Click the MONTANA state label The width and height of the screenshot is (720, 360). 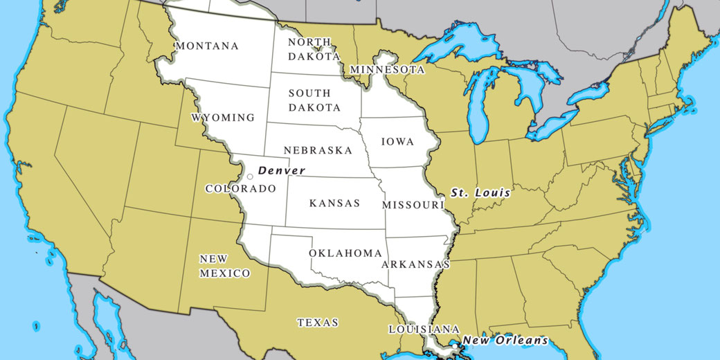click(x=208, y=46)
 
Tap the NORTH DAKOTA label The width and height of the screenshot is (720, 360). click(x=314, y=49)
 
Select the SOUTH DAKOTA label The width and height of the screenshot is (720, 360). click(x=314, y=100)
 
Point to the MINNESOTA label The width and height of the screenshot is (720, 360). click(x=387, y=70)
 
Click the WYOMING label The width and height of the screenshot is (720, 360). click(x=223, y=118)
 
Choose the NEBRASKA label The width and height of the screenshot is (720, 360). click(x=317, y=150)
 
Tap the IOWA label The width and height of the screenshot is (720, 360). click(x=398, y=142)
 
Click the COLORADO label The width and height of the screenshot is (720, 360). click(x=241, y=188)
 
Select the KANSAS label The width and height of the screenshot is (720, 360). click(x=334, y=204)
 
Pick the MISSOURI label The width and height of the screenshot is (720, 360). click(x=413, y=206)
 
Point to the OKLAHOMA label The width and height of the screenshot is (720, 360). click(x=345, y=253)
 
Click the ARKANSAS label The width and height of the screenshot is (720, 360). click(x=415, y=264)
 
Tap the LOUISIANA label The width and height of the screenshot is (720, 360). click(x=424, y=329)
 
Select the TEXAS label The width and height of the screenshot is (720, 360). click(x=318, y=323)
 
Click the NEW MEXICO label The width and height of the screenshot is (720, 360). click(x=225, y=267)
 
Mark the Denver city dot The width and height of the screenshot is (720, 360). click(x=250, y=177)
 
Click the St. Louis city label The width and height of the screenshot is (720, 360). click(x=480, y=192)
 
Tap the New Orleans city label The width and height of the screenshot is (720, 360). click(x=505, y=340)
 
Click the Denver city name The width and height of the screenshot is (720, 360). click(x=281, y=170)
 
